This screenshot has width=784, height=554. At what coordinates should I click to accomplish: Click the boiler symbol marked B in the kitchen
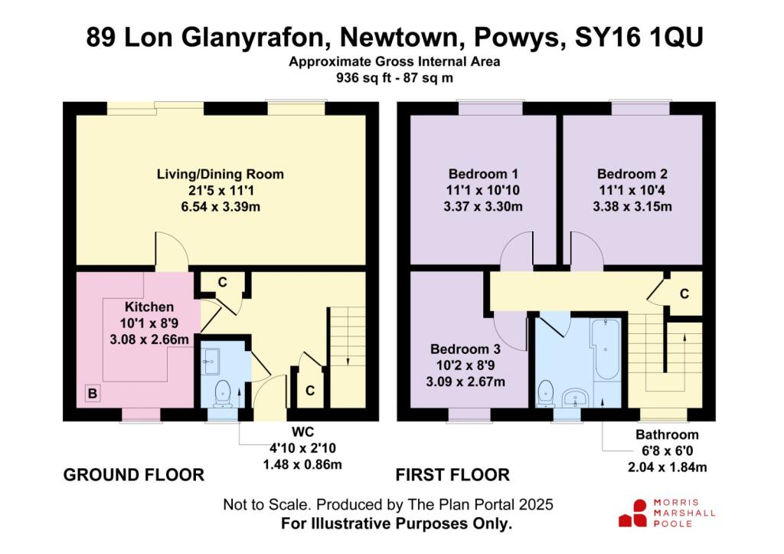(x=93, y=393)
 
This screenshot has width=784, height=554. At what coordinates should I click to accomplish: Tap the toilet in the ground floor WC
(x=221, y=393)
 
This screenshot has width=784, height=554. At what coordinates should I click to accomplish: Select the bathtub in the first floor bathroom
(x=606, y=350)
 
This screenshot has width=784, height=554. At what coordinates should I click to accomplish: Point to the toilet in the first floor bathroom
(x=545, y=394)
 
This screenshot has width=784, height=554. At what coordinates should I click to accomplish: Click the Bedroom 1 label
(x=483, y=174)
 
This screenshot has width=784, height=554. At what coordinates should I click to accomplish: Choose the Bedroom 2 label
(x=632, y=174)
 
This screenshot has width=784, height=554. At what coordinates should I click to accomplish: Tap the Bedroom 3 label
(x=465, y=349)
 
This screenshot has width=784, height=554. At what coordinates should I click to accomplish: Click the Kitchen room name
(x=149, y=307)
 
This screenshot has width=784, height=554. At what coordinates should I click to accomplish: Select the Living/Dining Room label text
(x=220, y=174)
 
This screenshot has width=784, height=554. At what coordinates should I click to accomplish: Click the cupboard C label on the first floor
(x=684, y=293)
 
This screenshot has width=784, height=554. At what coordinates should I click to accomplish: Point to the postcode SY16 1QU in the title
(x=639, y=37)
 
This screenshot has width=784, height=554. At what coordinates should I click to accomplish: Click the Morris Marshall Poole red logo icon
(x=633, y=513)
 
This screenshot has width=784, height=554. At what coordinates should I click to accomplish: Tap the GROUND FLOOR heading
(x=133, y=475)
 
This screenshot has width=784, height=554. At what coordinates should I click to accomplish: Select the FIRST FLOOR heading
(x=452, y=475)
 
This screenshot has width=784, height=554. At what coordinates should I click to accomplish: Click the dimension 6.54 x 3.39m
(x=220, y=207)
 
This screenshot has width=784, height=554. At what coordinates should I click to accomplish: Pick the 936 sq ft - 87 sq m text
(x=394, y=78)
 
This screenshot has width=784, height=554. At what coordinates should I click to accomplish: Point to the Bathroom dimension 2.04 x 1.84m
(x=667, y=467)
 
